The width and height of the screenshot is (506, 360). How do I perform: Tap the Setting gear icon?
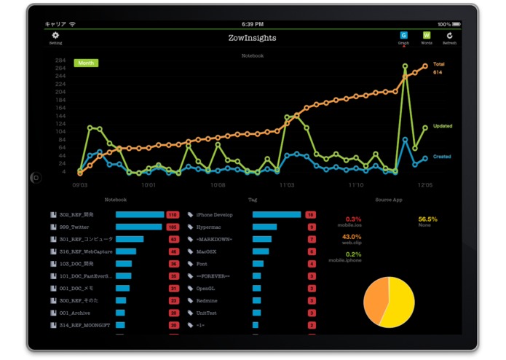coord(55,35)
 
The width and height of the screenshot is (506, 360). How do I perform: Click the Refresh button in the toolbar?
coord(449,35)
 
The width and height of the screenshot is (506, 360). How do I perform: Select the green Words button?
coord(426,35)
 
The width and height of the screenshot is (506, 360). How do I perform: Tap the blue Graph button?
coord(403,35)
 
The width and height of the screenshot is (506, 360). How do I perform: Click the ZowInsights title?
coord(252,38)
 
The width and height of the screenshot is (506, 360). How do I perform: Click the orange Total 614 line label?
coord(438,69)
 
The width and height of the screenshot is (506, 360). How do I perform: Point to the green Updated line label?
coord(442,126)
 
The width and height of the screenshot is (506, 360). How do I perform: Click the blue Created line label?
coord(442,156)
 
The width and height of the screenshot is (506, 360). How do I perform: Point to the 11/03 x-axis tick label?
coord(287,185)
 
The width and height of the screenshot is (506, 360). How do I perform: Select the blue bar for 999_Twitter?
coord(138,227)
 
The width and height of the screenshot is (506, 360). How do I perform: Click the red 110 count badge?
coord(173,215)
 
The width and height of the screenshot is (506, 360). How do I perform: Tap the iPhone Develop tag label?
coord(214,215)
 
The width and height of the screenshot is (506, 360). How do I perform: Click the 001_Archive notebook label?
coord(74,313)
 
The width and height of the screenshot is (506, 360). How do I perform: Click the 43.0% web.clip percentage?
coord(352,236)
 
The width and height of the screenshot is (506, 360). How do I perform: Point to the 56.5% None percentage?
coord(427,219)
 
